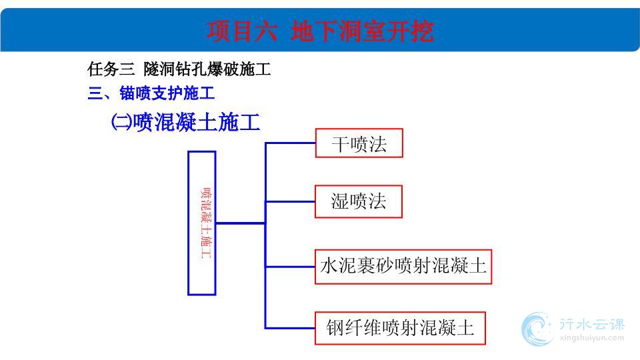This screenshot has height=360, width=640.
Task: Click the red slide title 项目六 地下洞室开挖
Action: pyautogui.click(x=320, y=31)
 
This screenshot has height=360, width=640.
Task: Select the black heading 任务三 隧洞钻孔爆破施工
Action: pyautogui.click(x=179, y=69)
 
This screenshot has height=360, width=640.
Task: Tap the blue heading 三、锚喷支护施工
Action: pyautogui.click(x=151, y=93)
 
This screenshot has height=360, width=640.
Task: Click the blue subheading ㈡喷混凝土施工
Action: pyautogui.click(x=186, y=122)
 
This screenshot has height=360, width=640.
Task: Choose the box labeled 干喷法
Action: pyautogui.click(x=359, y=143)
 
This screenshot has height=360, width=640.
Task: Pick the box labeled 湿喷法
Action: pyautogui.click(x=359, y=201)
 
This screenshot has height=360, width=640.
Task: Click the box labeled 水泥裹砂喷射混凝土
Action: pyautogui.click(x=403, y=267)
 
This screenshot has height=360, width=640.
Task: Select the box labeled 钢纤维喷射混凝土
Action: pyautogui.click(x=400, y=328)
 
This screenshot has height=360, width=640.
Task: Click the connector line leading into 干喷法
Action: pyautogui.click(x=290, y=143)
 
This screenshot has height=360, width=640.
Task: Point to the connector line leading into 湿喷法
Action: pyautogui.click(x=290, y=201)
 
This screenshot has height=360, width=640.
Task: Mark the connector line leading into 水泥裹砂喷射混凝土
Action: pyautogui.click(x=290, y=267)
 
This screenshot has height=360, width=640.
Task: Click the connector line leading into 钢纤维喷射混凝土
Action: pyautogui.click(x=290, y=328)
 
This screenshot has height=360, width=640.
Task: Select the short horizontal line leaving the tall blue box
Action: pyautogui.click(x=241, y=223)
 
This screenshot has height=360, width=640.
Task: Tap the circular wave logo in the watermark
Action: pyautogui.click(x=537, y=329)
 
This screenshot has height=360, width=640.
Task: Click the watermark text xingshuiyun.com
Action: pyautogui.click(x=592, y=338)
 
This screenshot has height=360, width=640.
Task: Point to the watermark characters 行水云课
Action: pyautogui.click(x=592, y=325)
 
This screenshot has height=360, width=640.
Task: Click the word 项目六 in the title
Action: pyautogui.click(x=241, y=31)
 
